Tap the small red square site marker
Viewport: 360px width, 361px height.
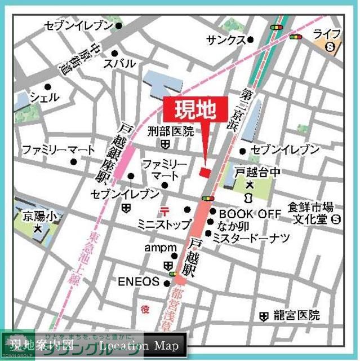205,171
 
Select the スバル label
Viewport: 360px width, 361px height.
118,64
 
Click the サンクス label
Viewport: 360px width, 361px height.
225,40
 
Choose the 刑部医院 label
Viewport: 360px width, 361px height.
170,131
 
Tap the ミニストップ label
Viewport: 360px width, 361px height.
164,224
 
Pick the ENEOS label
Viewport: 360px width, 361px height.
139,281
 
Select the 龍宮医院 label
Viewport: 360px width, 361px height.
296,315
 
